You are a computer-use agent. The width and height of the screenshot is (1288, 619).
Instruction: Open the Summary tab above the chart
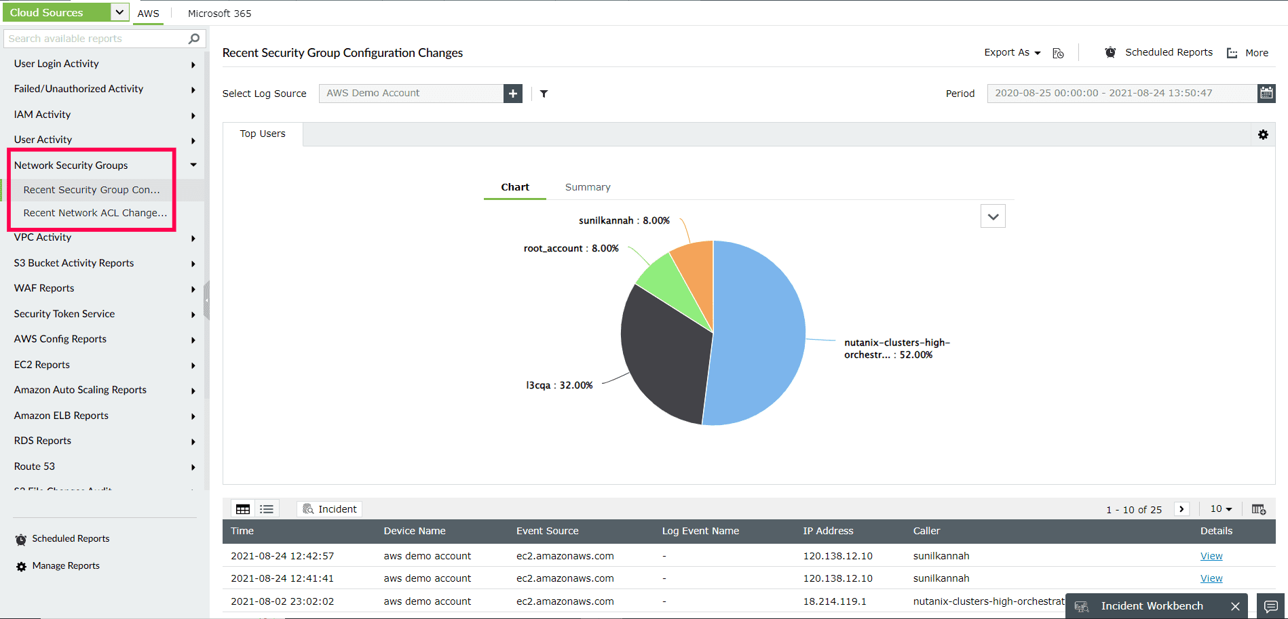click(588, 187)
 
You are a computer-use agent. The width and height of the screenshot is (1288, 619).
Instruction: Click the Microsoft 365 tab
click(219, 14)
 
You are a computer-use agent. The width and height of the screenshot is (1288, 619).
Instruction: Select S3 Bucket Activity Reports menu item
click(74, 263)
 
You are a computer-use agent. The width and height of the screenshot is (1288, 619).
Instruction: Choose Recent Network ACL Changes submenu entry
click(95, 213)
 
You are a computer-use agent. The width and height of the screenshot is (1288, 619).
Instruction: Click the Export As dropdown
click(1012, 53)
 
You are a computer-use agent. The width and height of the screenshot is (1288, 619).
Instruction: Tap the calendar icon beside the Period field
click(1266, 93)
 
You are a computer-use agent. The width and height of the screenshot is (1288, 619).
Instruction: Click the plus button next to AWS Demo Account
click(513, 94)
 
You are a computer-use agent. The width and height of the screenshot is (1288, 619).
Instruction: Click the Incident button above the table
click(330, 509)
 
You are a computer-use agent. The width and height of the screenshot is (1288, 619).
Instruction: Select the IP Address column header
click(828, 531)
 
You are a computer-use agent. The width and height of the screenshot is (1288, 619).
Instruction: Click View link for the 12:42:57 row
click(1211, 556)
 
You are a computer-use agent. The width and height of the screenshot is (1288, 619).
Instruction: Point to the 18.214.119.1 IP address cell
click(835, 601)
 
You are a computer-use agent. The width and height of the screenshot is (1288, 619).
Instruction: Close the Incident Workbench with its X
click(1235, 606)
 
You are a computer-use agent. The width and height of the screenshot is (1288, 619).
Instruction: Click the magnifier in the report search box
click(194, 39)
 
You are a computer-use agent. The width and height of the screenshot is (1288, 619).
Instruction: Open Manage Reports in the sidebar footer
click(66, 566)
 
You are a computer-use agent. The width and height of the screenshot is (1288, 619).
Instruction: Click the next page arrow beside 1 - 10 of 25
click(1181, 509)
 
